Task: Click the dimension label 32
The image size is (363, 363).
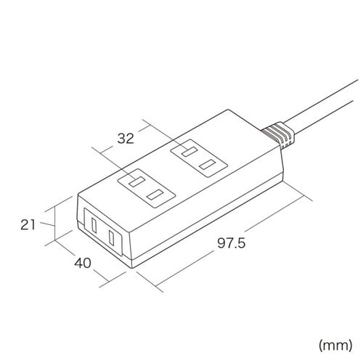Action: click(126, 139)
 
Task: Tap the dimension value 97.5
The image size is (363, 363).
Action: click(231, 242)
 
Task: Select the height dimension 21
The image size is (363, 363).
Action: click(28, 224)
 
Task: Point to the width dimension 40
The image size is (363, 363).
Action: click(83, 263)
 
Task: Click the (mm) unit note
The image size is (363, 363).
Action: click(335, 346)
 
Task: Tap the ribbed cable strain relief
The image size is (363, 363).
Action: click(278, 135)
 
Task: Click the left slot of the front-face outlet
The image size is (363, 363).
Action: click(94, 226)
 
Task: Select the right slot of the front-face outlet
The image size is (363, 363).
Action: click(112, 237)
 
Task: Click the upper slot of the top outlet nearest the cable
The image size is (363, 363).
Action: click(189, 152)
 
